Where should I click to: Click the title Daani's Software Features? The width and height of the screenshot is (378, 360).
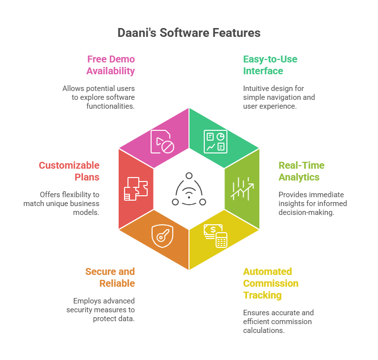(189, 33)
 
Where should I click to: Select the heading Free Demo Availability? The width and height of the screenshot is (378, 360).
(111, 65)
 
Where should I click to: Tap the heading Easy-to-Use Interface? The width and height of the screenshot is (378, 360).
(270, 65)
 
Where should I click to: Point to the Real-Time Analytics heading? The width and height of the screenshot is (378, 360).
(302, 171)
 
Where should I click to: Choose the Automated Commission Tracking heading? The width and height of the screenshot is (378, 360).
(270, 283)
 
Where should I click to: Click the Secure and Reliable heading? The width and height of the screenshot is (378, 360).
(110, 277)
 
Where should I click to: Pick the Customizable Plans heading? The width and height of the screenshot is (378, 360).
(69, 171)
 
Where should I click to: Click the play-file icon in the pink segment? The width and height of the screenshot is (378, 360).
(161, 141)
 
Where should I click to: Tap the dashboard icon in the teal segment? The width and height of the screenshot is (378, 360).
(215, 141)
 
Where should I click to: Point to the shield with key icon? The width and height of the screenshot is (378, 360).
(161, 235)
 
